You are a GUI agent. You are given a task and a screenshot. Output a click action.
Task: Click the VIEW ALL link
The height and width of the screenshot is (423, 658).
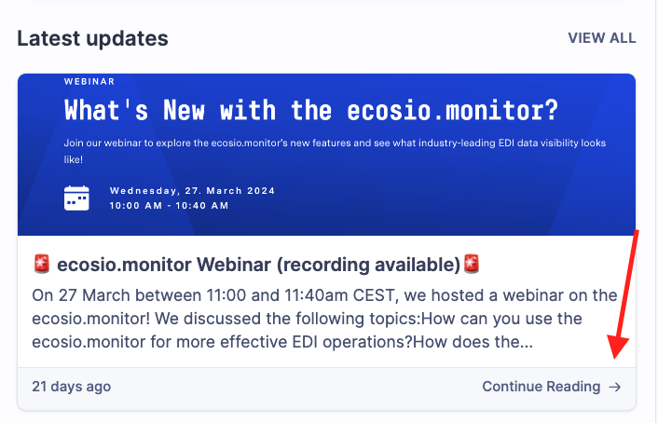pyautogui.click(x=602, y=38)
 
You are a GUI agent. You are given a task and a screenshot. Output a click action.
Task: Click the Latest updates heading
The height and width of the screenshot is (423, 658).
pyautogui.click(x=93, y=38)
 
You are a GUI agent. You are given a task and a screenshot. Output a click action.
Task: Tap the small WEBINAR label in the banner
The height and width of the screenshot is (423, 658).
pyautogui.click(x=89, y=81)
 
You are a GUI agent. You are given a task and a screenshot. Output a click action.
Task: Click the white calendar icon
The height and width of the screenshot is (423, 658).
pyautogui.click(x=76, y=198)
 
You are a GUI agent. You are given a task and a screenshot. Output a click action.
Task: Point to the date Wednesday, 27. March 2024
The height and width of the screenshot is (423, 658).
pyautogui.click(x=192, y=191)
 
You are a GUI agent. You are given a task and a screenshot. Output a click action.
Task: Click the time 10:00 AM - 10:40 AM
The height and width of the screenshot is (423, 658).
pyautogui.click(x=169, y=206)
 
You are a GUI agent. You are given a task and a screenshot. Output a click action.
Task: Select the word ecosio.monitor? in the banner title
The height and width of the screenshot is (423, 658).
pyautogui.click(x=453, y=110)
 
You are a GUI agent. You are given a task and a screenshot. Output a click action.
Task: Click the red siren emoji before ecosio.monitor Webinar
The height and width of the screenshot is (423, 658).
pyautogui.click(x=42, y=264)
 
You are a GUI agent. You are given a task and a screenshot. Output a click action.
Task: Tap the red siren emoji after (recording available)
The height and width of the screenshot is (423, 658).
pyautogui.click(x=472, y=264)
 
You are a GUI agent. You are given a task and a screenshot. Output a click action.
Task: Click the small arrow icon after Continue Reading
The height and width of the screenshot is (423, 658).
pyautogui.click(x=615, y=387)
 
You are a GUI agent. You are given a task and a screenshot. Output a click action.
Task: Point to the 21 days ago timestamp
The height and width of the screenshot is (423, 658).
pyautogui.click(x=72, y=387)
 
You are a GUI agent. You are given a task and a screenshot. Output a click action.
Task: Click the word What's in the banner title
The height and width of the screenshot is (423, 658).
pyautogui.click(x=106, y=110)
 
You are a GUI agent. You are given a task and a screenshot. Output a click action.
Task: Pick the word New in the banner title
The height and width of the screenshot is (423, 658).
pyautogui.click(x=184, y=110)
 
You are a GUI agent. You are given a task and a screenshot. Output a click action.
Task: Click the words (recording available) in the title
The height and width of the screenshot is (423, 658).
pyautogui.click(x=369, y=265)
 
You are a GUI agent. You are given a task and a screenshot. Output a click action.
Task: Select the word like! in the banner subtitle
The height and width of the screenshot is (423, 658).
pyautogui.click(x=74, y=160)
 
